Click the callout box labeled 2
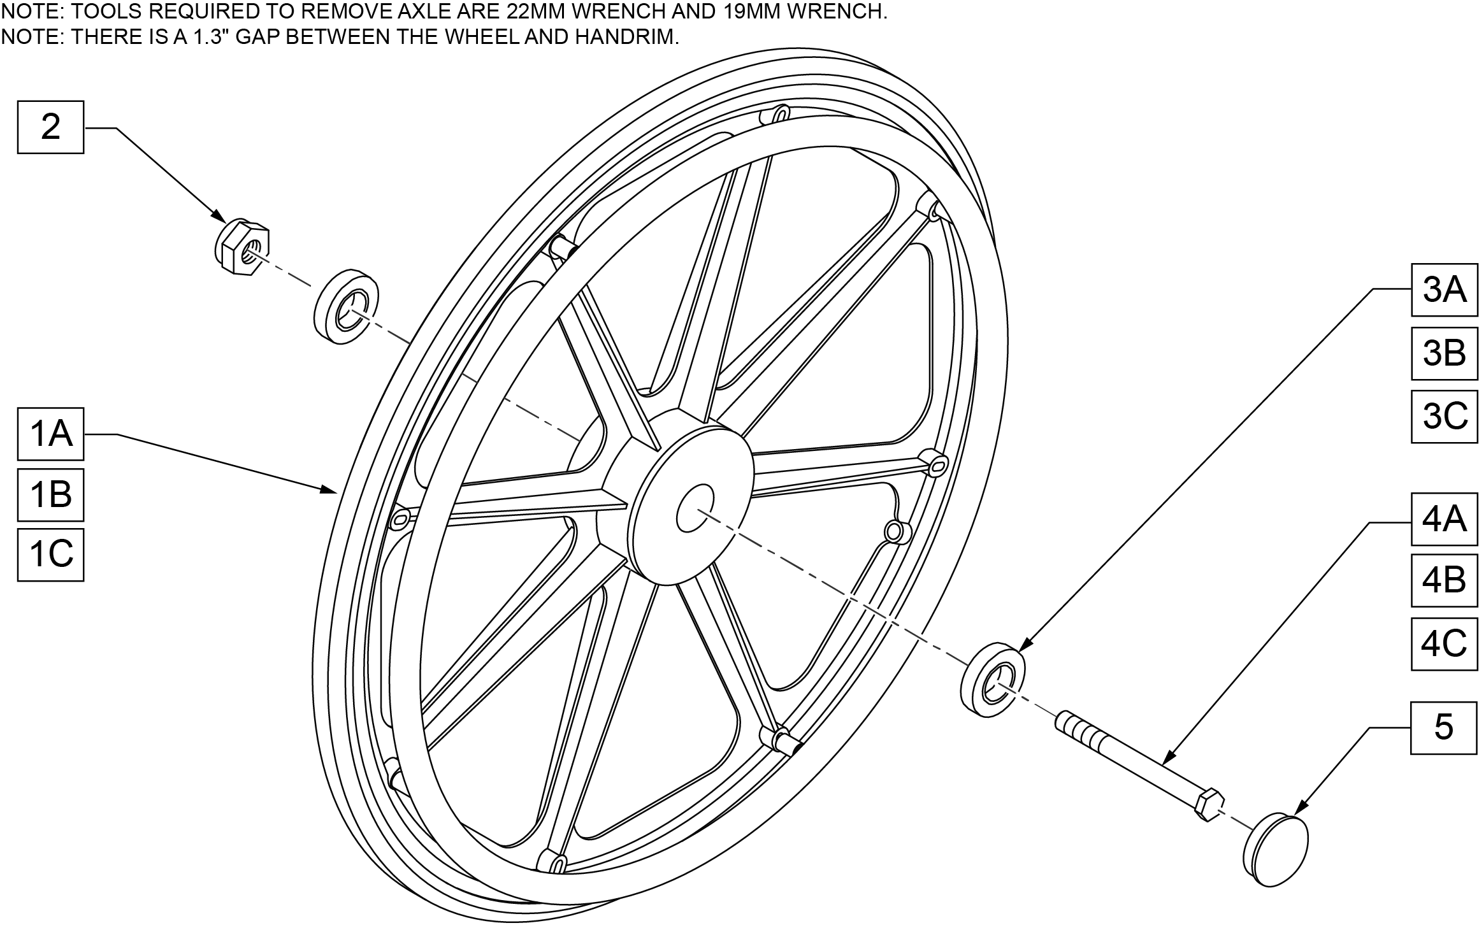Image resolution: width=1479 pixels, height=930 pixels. click(x=50, y=127)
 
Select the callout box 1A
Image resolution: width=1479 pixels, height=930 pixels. click(x=50, y=434)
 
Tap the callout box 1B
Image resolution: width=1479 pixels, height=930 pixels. click(x=50, y=494)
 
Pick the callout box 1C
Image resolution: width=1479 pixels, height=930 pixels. click(x=50, y=554)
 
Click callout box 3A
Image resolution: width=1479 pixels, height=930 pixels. click(x=1444, y=290)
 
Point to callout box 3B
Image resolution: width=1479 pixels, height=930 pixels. click(x=1444, y=353)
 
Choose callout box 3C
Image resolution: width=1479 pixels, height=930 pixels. click(x=1444, y=416)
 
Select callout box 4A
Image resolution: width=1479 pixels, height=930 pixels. click(x=1444, y=519)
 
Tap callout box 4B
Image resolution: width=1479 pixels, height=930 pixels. click(x=1444, y=580)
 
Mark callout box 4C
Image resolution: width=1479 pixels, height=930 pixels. click(x=1444, y=643)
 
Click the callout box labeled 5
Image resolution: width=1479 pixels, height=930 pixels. click(x=1444, y=728)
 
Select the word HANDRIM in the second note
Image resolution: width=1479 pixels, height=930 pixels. click(x=626, y=37)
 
